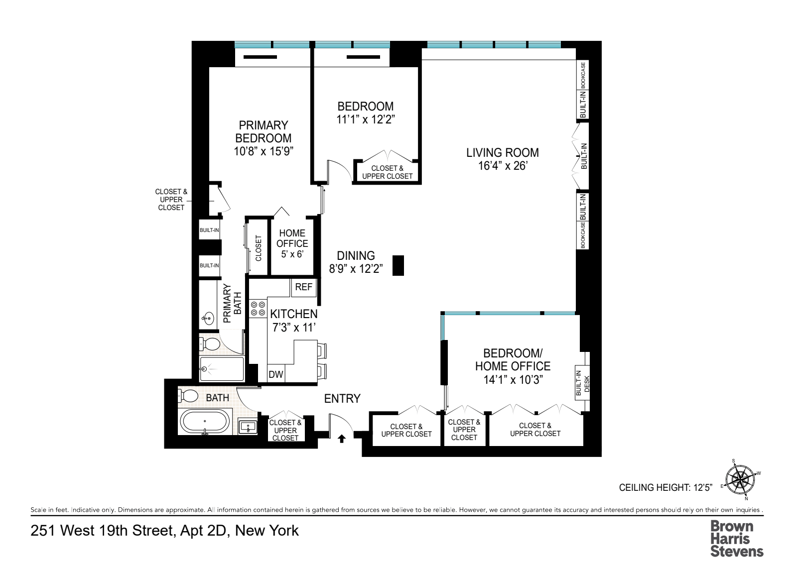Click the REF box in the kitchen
click(303, 287)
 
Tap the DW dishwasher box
click(276, 374)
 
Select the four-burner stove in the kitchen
click(258, 309)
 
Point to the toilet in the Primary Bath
click(210, 344)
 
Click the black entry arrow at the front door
click(342, 439)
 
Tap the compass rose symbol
click(740, 480)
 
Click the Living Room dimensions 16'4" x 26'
click(503, 166)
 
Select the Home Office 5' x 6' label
click(292, 243)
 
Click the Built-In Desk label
click(582, 383)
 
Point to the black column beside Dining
click(398, 265)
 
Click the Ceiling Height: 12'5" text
click(665, 488)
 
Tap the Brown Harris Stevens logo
click(737, 539)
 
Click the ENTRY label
click(342, 399)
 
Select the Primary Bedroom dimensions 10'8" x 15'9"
click(264, 151)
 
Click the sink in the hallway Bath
click(248, 427)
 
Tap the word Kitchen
click(294, 314)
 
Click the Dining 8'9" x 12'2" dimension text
click(356, 269)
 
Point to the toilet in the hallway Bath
click(188, 395)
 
